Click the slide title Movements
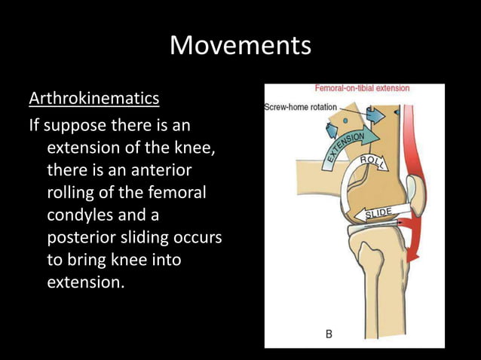tap(240, 45)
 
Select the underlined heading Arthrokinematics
tap(93, 99)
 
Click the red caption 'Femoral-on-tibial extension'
tap(361, 89)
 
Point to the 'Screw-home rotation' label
tap(300, 107)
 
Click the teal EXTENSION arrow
tap(344, 148)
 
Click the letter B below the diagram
tap(329, 333)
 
